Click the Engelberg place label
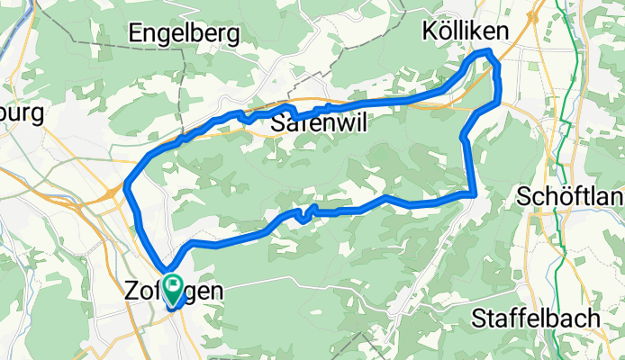184,34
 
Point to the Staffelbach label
536,319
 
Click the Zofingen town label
171,292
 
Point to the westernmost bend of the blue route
126,185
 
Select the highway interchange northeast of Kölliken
535,15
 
